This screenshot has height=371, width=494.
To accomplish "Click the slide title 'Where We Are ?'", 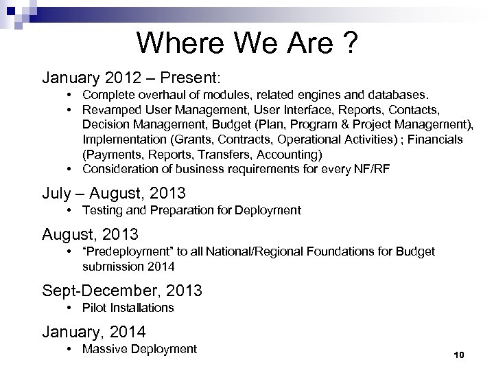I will tap(246, 43).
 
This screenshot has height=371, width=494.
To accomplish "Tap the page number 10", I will tap(459, 355).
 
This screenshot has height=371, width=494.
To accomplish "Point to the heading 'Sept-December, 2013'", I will tap(122, 290).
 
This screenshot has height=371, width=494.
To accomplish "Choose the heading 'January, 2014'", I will tap(94, 332).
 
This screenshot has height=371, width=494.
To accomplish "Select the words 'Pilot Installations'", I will tap(128, 307).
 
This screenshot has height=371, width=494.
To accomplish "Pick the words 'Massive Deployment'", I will tap(139, 349).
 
